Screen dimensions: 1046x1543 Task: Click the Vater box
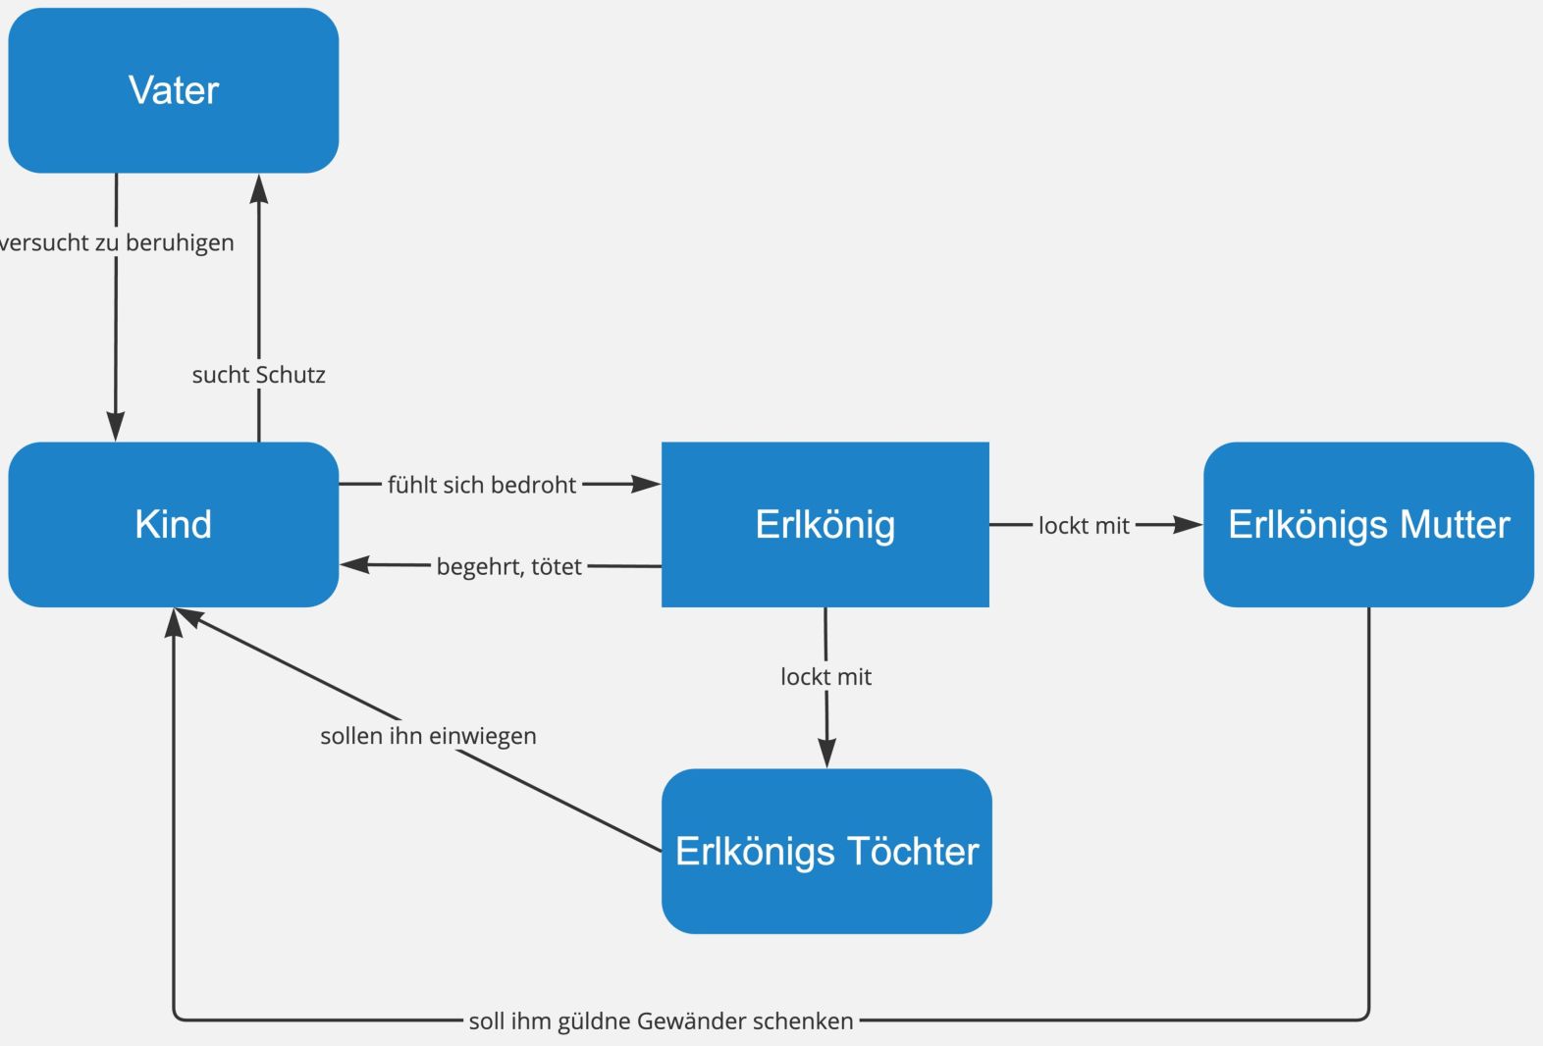[x=174, y=90]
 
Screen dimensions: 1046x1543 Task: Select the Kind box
[x=174, y=524]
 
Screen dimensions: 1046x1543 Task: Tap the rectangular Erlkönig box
[x=825, y=524]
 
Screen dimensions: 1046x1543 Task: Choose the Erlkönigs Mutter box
[x=1368, y=524]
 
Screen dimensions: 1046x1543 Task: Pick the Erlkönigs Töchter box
[x=826, y=851]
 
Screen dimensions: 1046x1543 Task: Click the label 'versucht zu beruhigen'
[x=116, y=242]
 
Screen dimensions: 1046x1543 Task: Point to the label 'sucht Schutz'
[x=258, y=374]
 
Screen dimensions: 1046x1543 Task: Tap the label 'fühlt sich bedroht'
[x=482, y=485]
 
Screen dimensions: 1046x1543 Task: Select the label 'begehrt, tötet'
[x=508, y=566]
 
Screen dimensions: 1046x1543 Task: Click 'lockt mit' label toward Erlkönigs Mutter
[x=1084, y=526]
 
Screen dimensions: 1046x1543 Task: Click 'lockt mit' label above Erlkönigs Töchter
[x=825, y=676]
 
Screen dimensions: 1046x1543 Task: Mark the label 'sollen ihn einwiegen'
[x=428, y=736]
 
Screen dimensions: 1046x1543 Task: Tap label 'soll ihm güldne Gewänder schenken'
[x=661, y=1020]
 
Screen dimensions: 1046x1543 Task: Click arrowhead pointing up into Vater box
[x=259, y=187]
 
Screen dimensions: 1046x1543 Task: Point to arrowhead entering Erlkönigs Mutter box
[x=1189, y=525]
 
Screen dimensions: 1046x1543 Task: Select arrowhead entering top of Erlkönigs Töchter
[x=826, y=754]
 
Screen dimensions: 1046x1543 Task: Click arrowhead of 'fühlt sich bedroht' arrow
[x=647, y=484]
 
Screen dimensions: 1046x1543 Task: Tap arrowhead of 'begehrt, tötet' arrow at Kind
[x=353, y=564]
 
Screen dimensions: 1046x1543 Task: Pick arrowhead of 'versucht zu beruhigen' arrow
[x=116, y=428]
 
